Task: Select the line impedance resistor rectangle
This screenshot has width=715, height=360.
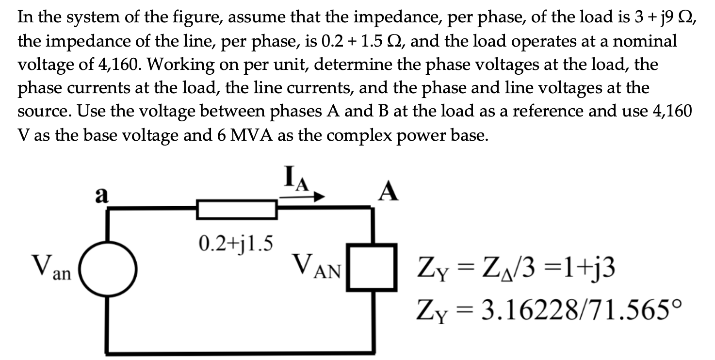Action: point(236,210)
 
